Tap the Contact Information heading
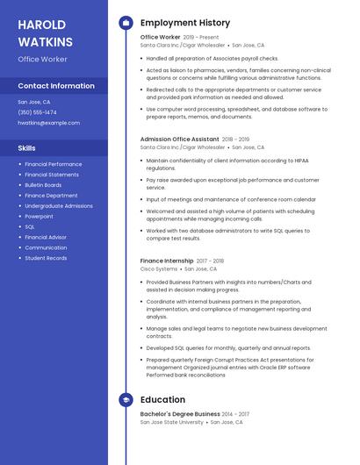56,86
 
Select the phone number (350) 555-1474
37,112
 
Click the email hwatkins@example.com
48,123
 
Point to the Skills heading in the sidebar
27,148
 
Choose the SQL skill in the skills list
30,226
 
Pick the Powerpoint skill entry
39,216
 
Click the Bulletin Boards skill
43,185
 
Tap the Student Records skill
46,258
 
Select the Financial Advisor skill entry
46,237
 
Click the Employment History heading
184,23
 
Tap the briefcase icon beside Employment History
126,23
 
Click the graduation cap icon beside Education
126,400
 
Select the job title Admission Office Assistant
179,139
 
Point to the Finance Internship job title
167,261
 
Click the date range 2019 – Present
201,38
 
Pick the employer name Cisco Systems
159,269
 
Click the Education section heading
162,400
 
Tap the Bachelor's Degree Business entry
180,413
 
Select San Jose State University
172,422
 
